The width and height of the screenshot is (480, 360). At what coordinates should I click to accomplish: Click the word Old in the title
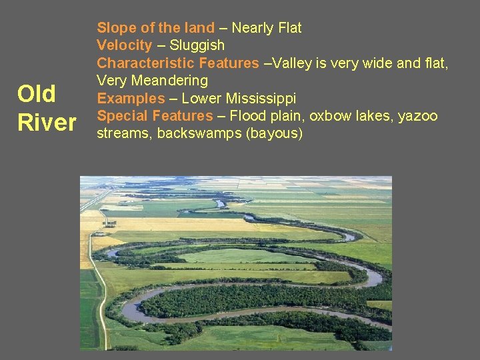pyautogui.click(x=37, y=94)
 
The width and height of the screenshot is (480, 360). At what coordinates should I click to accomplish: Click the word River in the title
pyautogui.click(x=47, y=123)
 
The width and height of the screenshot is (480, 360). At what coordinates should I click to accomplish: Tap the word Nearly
pyautogui.click(x=253, y=28)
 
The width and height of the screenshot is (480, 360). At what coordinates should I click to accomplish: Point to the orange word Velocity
pyautogui.click(x=125, y=45)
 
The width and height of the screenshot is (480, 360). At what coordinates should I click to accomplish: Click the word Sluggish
pyautogui.click(x=197, y=45)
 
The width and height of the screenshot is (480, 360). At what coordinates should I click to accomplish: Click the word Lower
pyautogui.click(x=201, y=99)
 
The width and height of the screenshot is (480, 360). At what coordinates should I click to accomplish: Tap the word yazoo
pyautogui.click(x=418, y=116)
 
